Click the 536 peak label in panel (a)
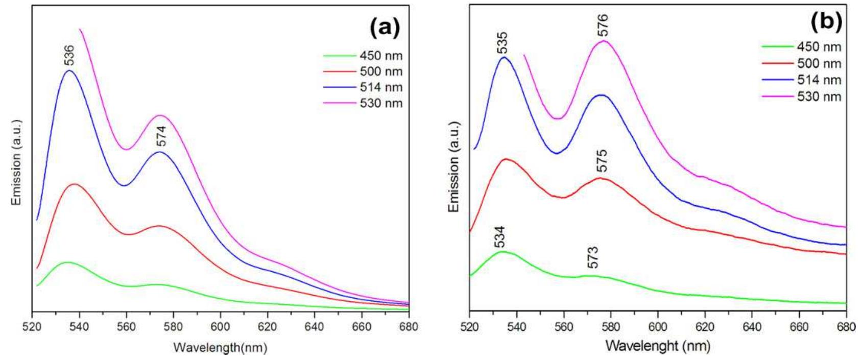point(69,56)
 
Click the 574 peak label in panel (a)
point(161,136)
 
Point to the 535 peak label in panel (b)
point(502,43)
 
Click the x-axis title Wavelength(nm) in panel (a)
point(220,348)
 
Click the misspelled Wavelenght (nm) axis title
point(658,346)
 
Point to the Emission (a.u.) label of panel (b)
point(453,167)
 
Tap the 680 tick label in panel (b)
point(846,326)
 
